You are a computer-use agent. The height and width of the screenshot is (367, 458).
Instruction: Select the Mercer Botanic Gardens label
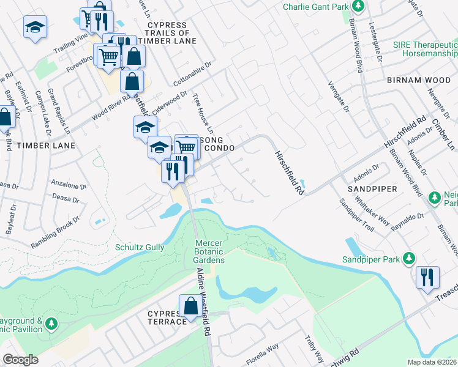click(x=209, y=251)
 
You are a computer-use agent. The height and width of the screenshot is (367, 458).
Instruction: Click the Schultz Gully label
click(x=140, y=247)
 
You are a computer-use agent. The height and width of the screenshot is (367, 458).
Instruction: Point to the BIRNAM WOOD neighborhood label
click(x=419, y=80)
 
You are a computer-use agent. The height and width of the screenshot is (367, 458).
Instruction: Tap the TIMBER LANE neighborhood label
click(x=46, y=146)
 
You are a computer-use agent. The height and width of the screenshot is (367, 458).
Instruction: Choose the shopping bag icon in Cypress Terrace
click(x=190, y=306)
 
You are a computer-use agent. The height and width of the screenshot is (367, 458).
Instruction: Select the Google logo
click(x=20, y=360)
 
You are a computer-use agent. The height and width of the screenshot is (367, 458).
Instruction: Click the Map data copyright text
click(x=432, y=362)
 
